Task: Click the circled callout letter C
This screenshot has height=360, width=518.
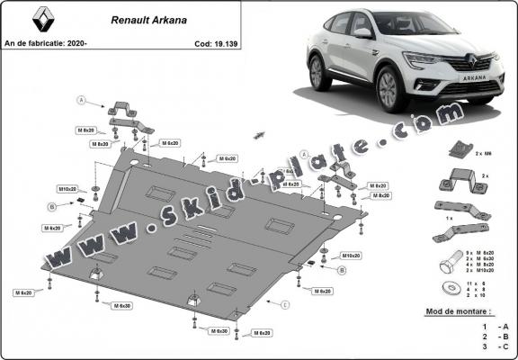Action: tap(285, 305)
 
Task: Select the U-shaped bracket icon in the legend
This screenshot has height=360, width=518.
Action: tap(452, 181)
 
